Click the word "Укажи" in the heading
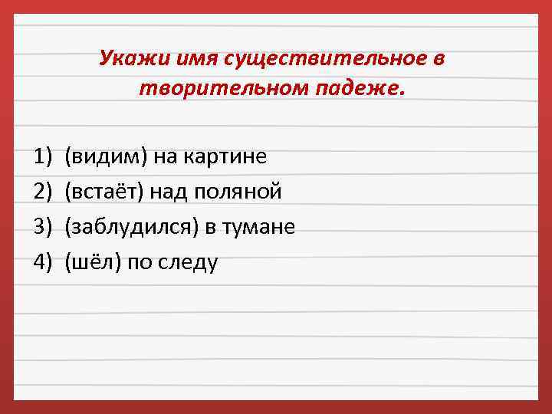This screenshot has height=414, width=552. pyautogui.click(x=127, y=59)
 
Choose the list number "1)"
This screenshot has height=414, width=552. pyautogui.click(x=42, y=157)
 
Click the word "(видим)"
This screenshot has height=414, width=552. pyautogui.click(x=106, y=157)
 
